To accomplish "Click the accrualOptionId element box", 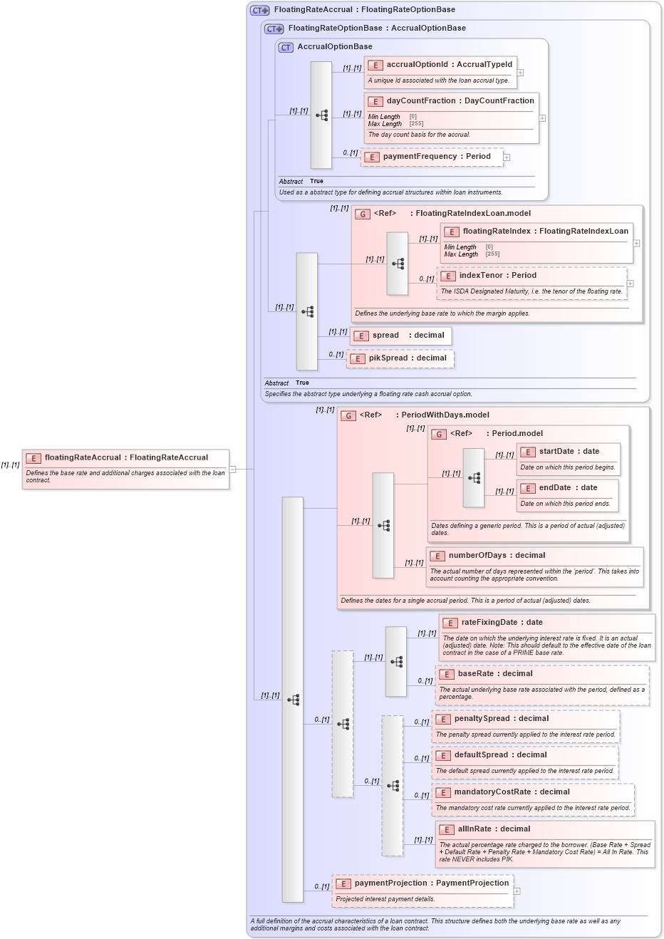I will (440, 72).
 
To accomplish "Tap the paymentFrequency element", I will (432, 157).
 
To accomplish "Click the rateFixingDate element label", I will (492, 623).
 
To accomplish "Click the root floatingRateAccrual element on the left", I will (125, 469).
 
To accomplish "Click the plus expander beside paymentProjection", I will (517, 891).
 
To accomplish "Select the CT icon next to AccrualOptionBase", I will (286, 48).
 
